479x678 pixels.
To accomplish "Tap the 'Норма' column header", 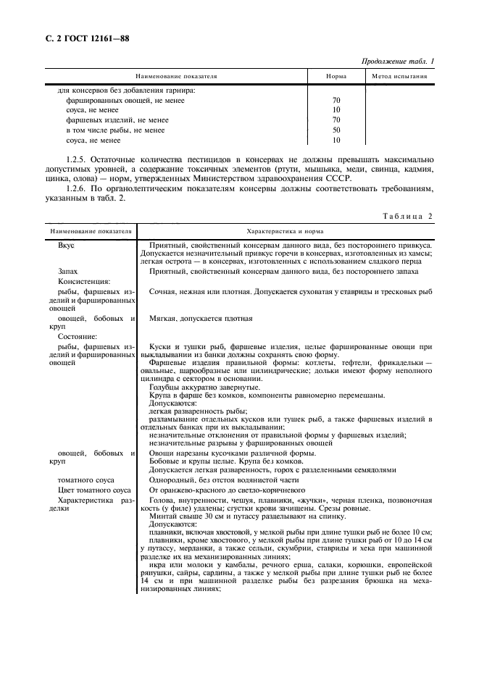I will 336,76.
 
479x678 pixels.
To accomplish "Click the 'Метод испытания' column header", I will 399,76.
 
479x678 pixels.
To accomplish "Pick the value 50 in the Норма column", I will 336,130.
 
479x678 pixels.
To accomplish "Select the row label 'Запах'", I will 68,271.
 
